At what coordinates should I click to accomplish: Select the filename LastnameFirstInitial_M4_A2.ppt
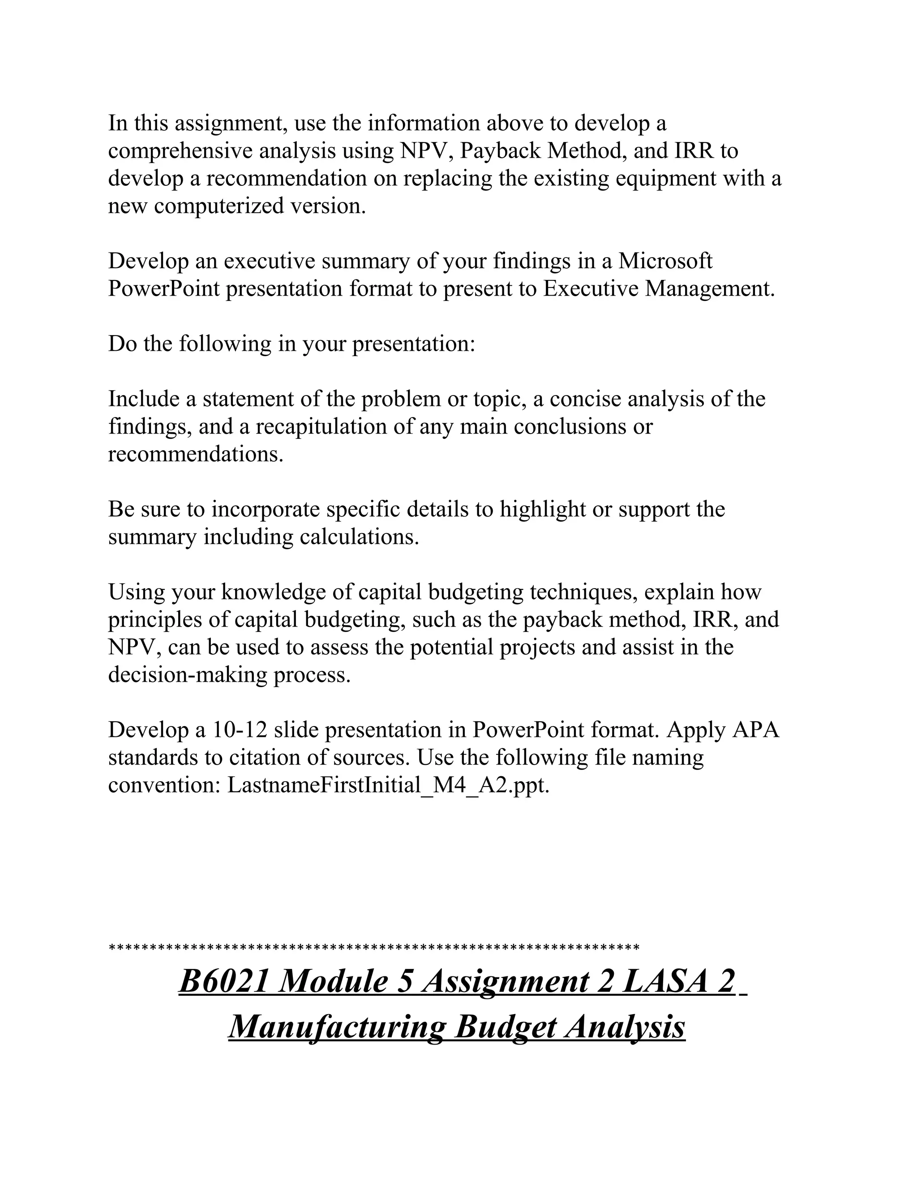(x=388, y=785)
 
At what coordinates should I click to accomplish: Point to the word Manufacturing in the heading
(x=338, y=1027)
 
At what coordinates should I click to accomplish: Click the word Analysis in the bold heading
(x=624, y=1027)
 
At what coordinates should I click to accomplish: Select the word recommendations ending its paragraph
(x=195, y=454)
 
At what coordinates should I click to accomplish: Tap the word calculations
(x=359, y=537)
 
